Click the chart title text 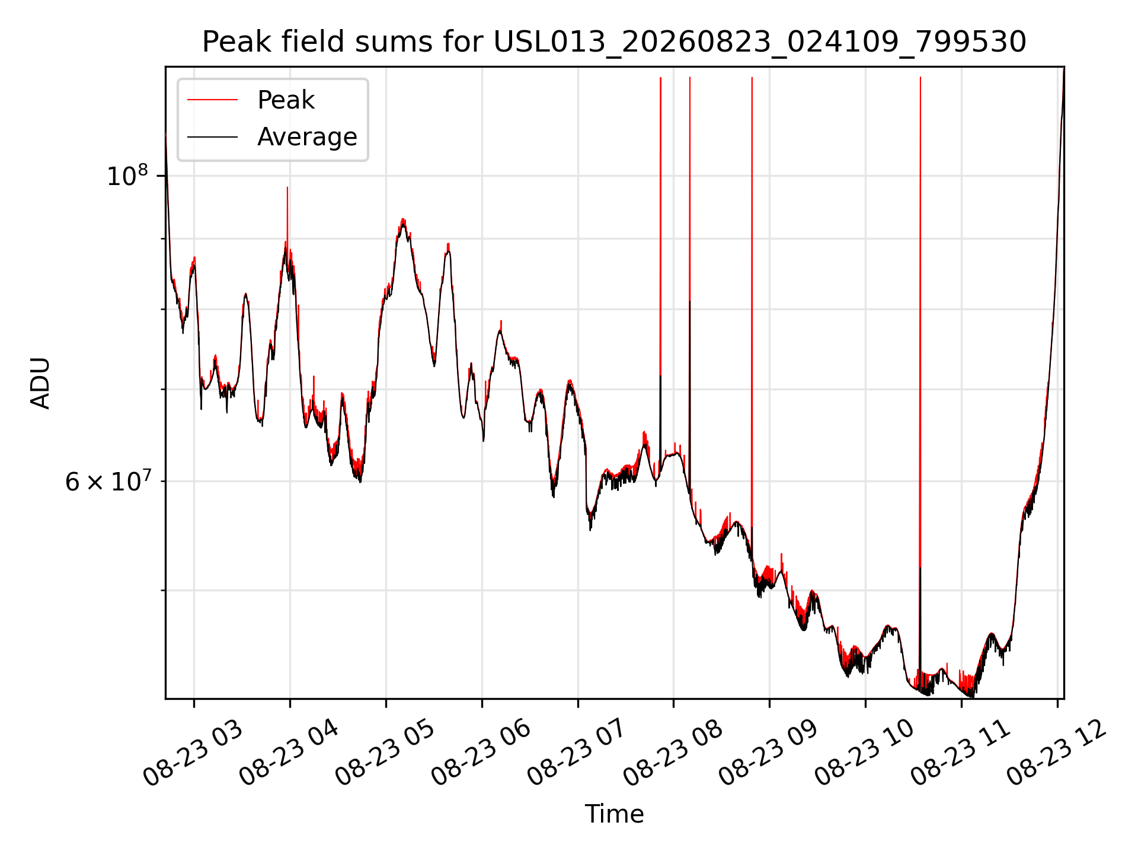coord(614,42)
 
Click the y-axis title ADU coord(40,383)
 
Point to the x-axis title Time coord(614,814)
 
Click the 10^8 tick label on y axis coord(127,175)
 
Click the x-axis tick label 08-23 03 coord(193,753)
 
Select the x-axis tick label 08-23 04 coord(289,753)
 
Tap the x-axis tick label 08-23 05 coord(385,753)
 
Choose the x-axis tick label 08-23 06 coord(481,753)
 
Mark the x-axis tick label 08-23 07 coord(577,753)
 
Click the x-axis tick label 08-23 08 coord(673,753)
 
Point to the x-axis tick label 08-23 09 coord(769,753)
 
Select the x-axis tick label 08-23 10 coord(865,753)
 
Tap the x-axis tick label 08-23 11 coord(961,753)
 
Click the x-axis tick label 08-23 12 coord(1057,753)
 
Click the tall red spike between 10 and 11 coord(920,380)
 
